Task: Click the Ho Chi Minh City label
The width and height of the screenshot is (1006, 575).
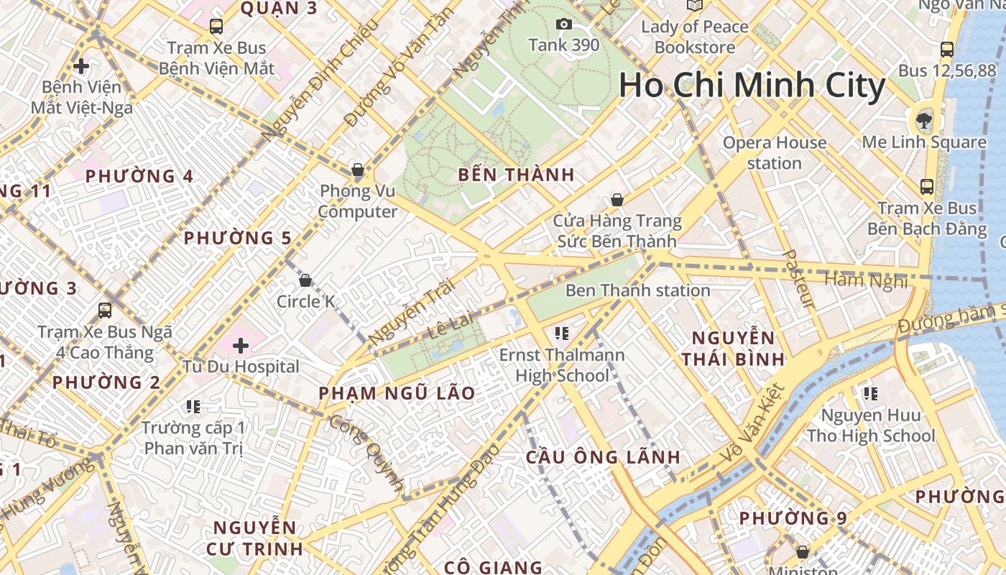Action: [752, 86]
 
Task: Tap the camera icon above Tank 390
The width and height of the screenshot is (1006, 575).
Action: [564, 24]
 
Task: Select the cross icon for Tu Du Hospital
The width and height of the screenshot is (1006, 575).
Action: [241, 346]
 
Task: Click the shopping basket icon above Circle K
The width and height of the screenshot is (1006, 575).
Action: [305, 280]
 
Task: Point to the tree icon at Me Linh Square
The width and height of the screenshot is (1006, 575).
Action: [923, 120]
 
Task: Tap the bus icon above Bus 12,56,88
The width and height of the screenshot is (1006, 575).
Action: [947, 50]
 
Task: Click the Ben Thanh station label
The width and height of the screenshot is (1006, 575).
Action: [637, 290]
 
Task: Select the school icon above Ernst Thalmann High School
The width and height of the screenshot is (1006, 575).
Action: [562, 333]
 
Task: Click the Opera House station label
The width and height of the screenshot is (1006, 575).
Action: [774, 152]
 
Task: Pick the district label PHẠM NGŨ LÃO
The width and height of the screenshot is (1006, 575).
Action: [397, 393]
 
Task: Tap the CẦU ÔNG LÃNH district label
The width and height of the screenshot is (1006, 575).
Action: [603, 457]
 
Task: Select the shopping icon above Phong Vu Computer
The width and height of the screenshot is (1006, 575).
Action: [357, 170]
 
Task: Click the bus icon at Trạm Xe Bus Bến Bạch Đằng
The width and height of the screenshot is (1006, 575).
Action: [927, 187]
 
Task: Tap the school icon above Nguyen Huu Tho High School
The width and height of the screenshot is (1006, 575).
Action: [871, 393]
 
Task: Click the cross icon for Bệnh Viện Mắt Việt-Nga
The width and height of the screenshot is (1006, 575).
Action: [81, 66]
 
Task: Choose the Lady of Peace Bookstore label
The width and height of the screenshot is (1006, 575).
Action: [694, 37]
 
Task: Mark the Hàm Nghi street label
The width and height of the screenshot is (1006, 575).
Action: [866, 280]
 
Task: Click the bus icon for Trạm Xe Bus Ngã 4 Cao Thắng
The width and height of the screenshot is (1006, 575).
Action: [105, 310]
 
